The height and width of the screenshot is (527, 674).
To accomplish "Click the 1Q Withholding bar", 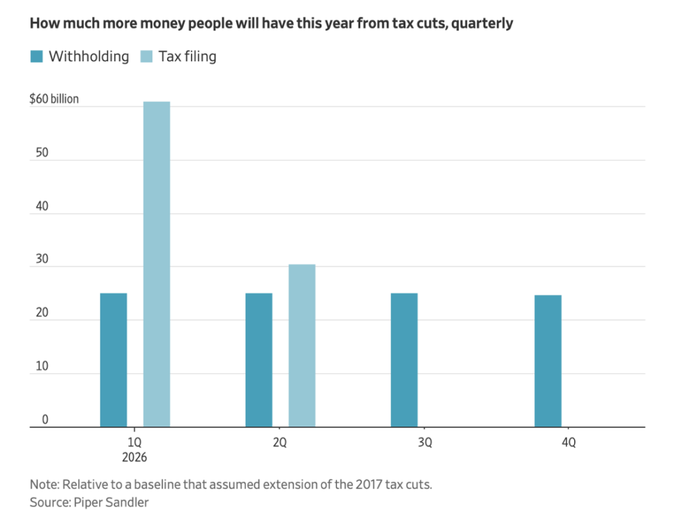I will point(113,360).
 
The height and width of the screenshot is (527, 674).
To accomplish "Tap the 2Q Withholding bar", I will point(259,360).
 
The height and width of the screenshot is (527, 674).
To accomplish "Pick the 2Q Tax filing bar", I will point(302,345).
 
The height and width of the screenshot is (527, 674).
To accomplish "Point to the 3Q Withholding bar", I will point(404,360).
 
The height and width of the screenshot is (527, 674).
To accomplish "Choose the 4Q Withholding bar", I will point(548,361).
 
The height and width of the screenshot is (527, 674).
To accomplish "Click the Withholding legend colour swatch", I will point(36,57).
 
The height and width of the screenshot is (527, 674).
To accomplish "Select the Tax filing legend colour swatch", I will point(146,57).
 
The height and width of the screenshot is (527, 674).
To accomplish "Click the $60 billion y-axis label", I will point(54,99).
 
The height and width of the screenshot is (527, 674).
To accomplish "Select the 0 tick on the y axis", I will point(45,419).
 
